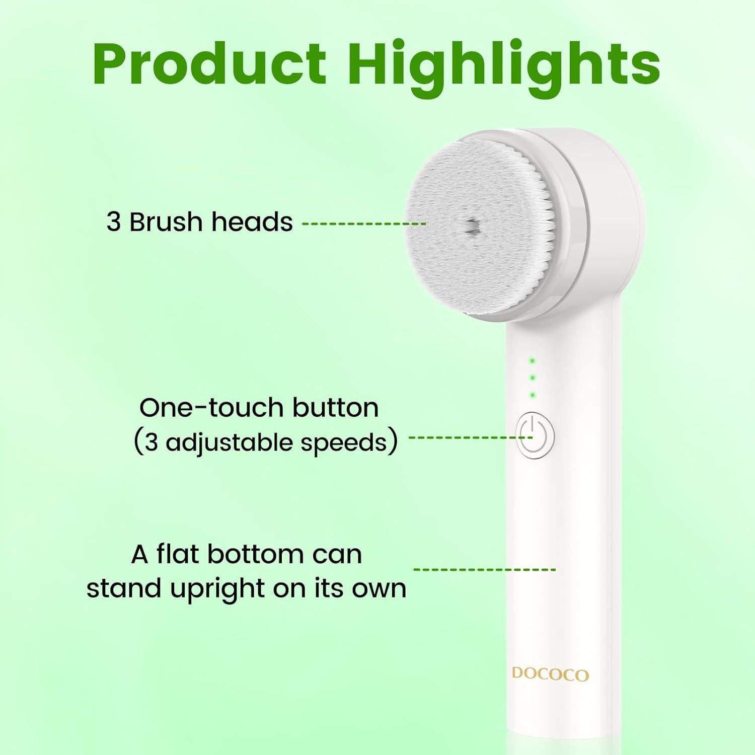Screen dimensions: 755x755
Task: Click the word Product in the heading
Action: [209, 65]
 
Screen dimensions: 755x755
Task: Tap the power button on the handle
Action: [536, 436]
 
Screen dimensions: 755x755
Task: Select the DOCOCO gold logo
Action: [550, 674]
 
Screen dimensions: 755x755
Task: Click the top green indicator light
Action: [532, 361]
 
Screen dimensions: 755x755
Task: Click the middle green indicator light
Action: [532, 378]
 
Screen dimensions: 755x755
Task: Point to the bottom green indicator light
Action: [532, 395]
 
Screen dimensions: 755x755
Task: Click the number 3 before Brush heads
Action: [114, 222]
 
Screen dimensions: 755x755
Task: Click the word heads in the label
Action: [252, 222]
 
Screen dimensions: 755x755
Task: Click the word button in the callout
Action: [336, 408]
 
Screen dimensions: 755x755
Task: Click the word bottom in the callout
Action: [255, 554]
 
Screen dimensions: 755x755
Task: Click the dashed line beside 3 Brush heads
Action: [363, 223]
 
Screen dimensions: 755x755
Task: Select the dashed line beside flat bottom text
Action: [484, 569]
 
